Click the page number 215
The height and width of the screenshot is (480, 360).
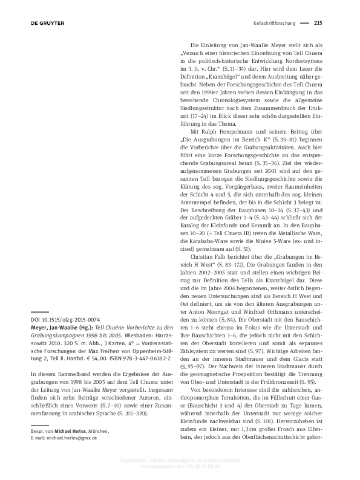[x=318, y=24]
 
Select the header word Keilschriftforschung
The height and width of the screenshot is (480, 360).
[x=273, y=24]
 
